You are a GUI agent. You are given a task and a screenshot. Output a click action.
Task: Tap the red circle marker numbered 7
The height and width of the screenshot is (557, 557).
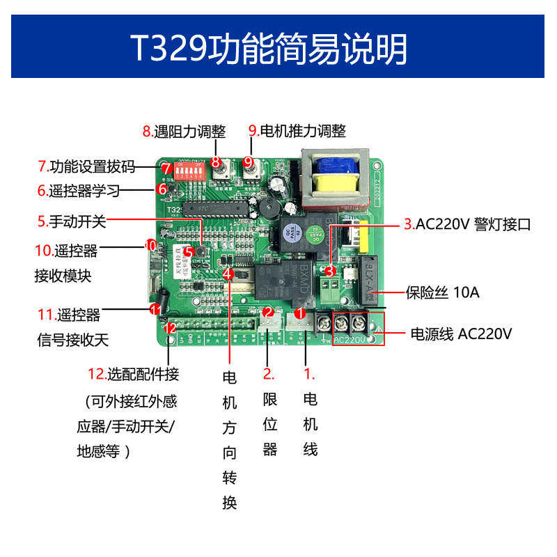pyautogui.click(x=166, y=168)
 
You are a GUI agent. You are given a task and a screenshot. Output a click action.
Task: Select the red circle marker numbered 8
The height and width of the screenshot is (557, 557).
pyautogui.click(x=216, y=163)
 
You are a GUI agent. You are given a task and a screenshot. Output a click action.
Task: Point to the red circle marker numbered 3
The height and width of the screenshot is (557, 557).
pyautogui.click(x=330, y=272)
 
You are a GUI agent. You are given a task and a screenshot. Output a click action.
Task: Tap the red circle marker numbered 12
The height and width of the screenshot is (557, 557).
pyautogui.click(x=170, y=327)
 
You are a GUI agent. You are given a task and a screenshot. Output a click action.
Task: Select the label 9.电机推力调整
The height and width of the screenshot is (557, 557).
pyautogui.click(x=297, y=131)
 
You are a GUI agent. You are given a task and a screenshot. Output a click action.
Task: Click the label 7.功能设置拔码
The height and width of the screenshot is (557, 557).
pyautogui.click(x=86, y=167)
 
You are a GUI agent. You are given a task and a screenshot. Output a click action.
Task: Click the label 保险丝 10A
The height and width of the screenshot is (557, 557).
pyautogui.click(x=443, y=292)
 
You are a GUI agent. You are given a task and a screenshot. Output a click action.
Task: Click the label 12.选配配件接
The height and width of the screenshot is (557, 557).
pyautogui.click(x=134, y=375)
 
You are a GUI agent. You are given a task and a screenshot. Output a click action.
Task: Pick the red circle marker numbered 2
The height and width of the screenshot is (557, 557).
pyautogui.click(x=268, y=313)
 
